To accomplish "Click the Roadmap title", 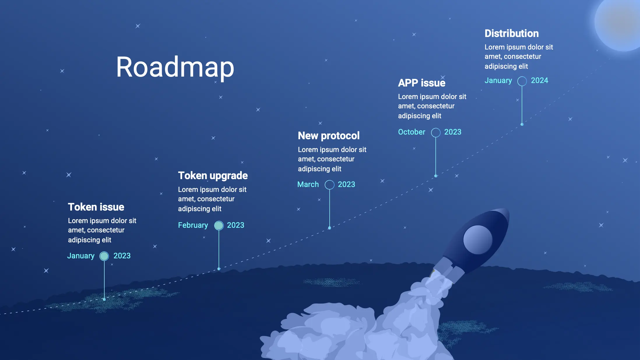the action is [x=175, y=67].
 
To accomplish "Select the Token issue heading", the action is [x=96, y=207].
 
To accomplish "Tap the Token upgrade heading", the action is [x=213, y=176].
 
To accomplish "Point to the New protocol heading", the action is [x=329, y=136].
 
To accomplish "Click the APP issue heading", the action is [x=422, y=83].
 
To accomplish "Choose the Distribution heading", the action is [x=512, y=33].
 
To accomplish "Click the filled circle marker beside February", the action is [x=219, y=225].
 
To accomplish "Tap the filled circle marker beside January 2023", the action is [x=104, y=256].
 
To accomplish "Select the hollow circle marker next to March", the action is [x=330, y=185].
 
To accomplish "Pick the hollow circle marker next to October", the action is [x=436, y=133].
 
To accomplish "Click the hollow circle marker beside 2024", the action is [x=522, y=81].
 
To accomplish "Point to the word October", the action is [x=412, y=132].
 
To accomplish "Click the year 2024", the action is [x=539, y=80].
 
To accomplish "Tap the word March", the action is [x=308, y=184].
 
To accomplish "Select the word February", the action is [x=193, y=225].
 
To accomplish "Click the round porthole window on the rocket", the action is [x=478, y=240].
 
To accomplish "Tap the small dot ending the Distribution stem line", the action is [x=522, y=124].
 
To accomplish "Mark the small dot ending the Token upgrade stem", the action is [x=219, y=269].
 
